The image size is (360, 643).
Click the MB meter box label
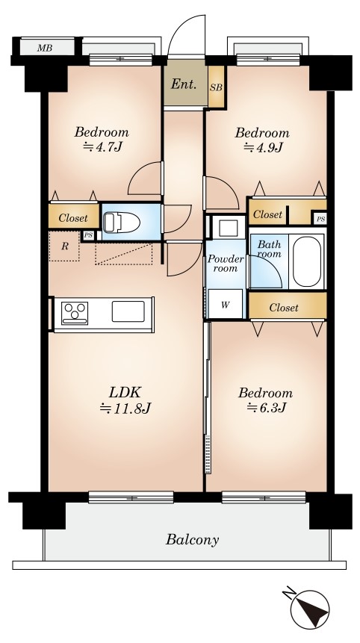tap(44, 48)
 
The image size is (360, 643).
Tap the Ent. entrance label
tap(184, 84)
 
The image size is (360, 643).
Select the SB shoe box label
tap(216, 87)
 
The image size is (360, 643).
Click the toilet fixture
tap(121, 223)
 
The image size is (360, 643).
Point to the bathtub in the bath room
tap(307, 262)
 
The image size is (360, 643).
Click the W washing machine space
tap(225, 304)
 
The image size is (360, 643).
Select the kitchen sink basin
tap(128, 311)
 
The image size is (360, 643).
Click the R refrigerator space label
tap(64, 246)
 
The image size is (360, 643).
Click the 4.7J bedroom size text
tap(102, 146)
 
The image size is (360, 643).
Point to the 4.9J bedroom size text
tap(263, 146)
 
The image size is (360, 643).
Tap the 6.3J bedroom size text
tap(266, 407)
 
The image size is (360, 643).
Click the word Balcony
tap(192, 539)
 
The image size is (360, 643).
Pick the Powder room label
tap(225, 264)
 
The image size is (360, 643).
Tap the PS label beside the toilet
tap(88, 235)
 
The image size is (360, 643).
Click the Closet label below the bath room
tap(284, 307)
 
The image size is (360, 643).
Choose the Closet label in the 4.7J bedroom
tap(73, 218)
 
